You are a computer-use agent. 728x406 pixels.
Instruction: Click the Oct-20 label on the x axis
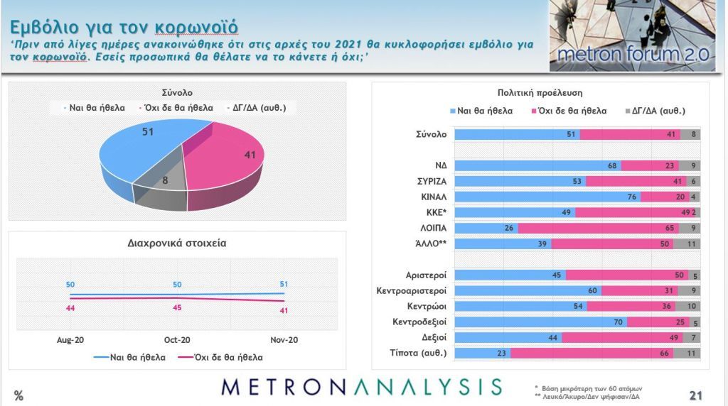pyautogui.click(x=177, y=341)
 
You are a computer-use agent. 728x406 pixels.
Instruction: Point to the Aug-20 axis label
pyautogui.click(x=70, y=341)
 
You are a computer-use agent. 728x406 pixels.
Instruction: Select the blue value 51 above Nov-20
pyautogui.click(x=284, y=285)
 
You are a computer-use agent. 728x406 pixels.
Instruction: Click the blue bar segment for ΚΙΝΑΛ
pyautogui.click(x=540, y=197)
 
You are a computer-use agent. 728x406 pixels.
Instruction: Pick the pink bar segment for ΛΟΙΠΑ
pyautogui.click(x=598, y=228)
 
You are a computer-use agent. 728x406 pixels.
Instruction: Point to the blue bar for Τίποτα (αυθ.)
pyautogui.click(x=482, y=353)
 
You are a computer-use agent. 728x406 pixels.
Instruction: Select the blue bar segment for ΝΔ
pyautogui.click(x=537, y=165)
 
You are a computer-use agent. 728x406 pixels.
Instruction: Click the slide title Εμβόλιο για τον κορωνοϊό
pyautogui.click(x=124, y=27)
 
